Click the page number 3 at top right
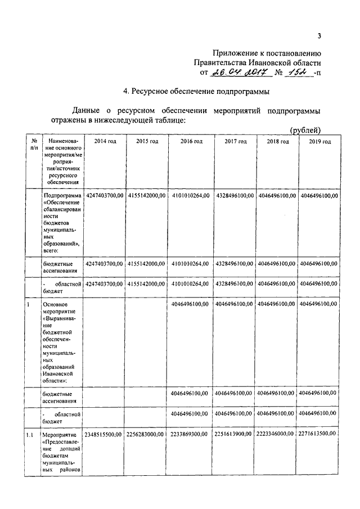click(318, 37)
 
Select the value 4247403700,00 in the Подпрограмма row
click(105, 195)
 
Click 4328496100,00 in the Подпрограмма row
click(235, 195)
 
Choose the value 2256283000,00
click(147, 434)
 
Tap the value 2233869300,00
click(190, 434)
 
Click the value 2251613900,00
click(235, 434)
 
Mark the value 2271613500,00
click(319, 434)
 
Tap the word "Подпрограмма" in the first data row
click(62, 195)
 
